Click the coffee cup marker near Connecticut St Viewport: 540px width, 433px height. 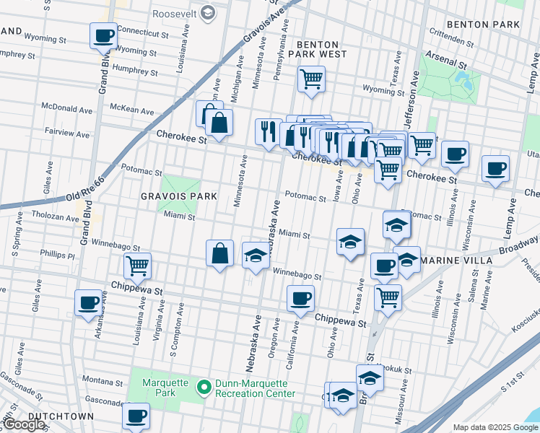point(103,35)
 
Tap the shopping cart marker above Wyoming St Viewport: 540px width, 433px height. point(311,79)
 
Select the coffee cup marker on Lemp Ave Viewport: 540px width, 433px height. point(495,170)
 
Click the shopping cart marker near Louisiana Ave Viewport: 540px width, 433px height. point(137,265)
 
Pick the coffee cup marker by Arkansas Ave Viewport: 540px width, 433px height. point(88,302)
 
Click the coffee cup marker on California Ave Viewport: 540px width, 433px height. point(300,297)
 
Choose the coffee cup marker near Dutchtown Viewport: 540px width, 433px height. point(136,416)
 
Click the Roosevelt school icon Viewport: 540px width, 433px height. point(208,12)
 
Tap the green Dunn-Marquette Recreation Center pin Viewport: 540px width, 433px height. point(204,388)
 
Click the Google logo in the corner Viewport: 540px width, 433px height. point(23,424)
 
